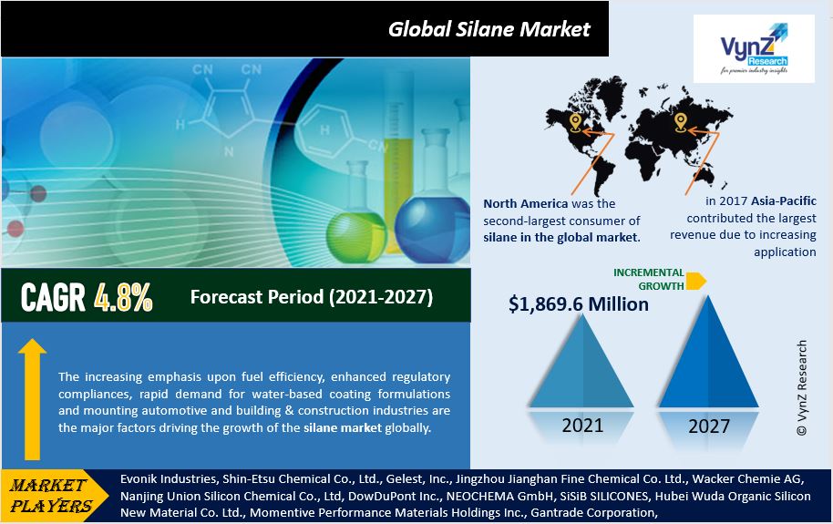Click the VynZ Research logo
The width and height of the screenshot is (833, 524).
(x=754, y=49)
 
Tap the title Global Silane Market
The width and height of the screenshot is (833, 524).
(x=488, y=29)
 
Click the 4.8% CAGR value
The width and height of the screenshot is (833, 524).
(x=123, y=297)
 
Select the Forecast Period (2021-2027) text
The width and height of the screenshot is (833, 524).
(x=312, y=296)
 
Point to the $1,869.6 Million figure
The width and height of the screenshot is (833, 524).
(x=579, y=304)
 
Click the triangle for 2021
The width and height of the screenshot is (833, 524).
(x=581, y=366)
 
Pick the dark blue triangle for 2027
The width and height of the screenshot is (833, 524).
(x=708, y=357)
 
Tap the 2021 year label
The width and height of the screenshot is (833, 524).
(x=582, y=426)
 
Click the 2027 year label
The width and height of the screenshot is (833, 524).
(x=709, y=426)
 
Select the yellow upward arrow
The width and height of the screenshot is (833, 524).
(x=33, y=399)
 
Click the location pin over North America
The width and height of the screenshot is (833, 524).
(x=575, y=123)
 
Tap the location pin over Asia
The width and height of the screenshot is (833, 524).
(x=681, y=123)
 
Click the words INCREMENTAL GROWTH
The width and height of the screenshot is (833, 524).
(x=649, y=279)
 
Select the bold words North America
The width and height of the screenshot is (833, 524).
(x=525, y=203)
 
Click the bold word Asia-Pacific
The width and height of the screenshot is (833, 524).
(x=784, y=200)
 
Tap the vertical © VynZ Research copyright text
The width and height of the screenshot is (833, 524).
(x=802, y=388)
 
